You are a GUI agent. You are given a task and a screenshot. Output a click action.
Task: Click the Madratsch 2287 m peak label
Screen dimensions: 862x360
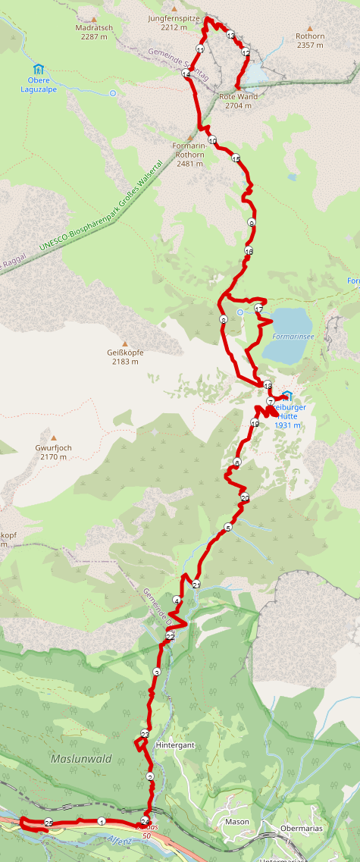[x=94, y=31]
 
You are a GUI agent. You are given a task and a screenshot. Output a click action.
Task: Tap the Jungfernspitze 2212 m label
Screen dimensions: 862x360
[x=174, y=22]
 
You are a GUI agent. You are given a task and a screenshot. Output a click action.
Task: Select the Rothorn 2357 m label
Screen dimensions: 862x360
[x=310, y=40]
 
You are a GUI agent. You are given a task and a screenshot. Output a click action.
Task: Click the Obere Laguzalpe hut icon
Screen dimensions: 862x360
[x=39, y=69]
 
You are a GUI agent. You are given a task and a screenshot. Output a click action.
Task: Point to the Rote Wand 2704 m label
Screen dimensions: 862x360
[x=238, y=101]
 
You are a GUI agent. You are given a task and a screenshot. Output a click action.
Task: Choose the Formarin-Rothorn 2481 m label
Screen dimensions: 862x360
[x=189, y=154]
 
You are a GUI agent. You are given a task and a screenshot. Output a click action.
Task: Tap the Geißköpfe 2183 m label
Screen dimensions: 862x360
[x=126, y=357]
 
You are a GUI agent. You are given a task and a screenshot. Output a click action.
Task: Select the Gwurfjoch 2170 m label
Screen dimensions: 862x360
[x=53, y=453]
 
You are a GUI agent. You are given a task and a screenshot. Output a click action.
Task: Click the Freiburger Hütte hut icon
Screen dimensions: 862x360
[x=287, y=396]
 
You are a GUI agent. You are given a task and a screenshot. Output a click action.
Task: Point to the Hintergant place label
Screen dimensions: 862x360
[x=175, y=745]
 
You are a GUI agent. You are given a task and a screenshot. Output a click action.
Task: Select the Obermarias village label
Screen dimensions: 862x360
[x=302, y=829]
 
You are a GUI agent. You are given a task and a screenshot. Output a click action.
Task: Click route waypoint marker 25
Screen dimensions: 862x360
[x=49, y=823]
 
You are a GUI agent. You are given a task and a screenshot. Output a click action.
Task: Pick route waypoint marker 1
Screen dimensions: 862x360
[x=102, y=821]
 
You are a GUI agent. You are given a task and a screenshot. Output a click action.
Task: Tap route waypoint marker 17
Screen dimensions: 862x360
[x=258, y=309]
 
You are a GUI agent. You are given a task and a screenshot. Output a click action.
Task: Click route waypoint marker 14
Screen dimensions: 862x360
[x=186, y=74]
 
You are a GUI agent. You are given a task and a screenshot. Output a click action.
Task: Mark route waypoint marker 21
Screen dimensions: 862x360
[x=196, y=585]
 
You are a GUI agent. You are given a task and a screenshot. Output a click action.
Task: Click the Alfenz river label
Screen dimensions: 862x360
[x=119, y=840]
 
